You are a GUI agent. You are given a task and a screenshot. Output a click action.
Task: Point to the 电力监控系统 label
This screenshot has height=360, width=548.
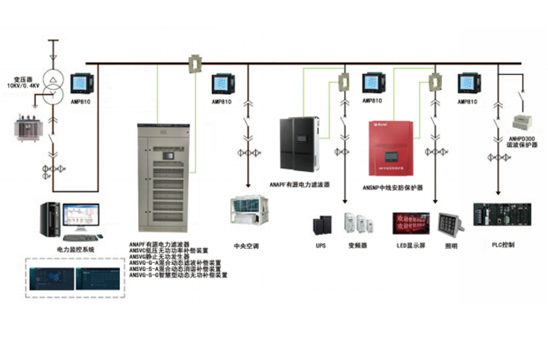pyautogui.click(x=76, y=248)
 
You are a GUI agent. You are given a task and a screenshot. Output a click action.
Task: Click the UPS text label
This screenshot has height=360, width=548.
pyautogui.click(x=321, y=245)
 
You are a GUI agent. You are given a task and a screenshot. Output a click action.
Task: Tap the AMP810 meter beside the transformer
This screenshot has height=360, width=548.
pyautogui.click(x=83, y=85)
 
